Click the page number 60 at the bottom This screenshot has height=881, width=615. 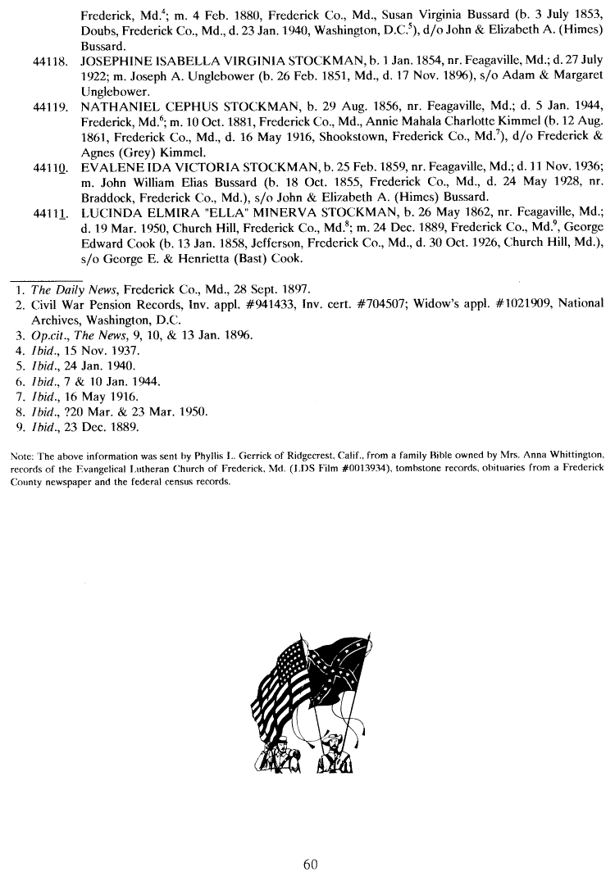tap(308, 864)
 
